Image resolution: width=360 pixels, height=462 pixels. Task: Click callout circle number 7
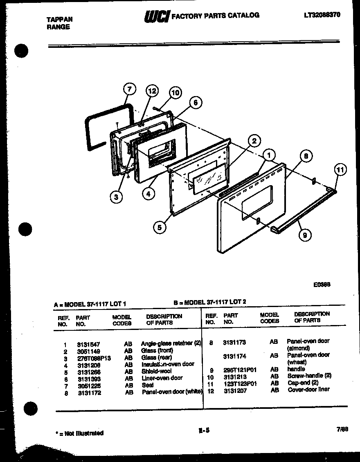[x=129, y=89]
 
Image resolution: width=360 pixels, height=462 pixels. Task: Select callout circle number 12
[x=152, y=91]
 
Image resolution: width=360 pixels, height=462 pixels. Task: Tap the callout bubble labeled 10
[x=175, y=93]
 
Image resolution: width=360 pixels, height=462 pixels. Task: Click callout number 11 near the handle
[x=340, y=169]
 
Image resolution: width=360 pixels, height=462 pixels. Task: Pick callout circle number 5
[x=160, y=227]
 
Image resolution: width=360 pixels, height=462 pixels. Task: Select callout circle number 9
[x=304, y=235]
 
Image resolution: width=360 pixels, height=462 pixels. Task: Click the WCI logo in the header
[x=156, y=16]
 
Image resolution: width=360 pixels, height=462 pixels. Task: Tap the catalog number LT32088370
[x=322, y=15]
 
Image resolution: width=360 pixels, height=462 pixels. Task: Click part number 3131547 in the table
[x=88, y=345]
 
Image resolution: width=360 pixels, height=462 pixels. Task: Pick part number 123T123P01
[x=240, y=384]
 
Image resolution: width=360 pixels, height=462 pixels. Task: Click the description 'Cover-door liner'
[x=308, y=389]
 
